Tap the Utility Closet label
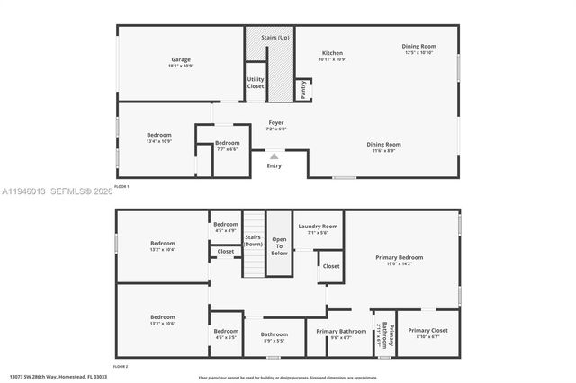pos(256,83)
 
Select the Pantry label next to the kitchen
pos(304,88)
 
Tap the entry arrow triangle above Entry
pos(274,156)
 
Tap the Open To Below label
pos(279,246)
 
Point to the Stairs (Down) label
pos(254,240)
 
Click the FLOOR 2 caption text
pos(121,367)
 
